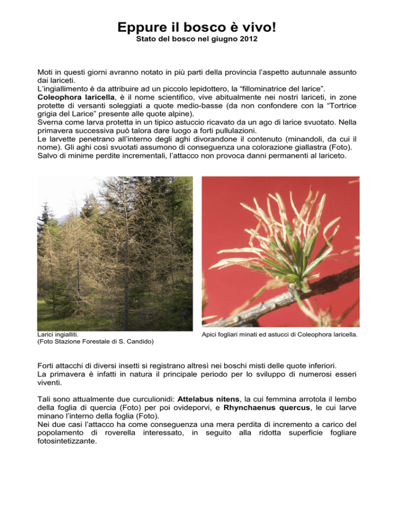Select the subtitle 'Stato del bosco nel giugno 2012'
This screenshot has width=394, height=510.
(x=196, y=40)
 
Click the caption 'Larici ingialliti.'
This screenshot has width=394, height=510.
(x=59, y=335)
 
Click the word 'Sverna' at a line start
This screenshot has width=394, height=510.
(x=51, y=122)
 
